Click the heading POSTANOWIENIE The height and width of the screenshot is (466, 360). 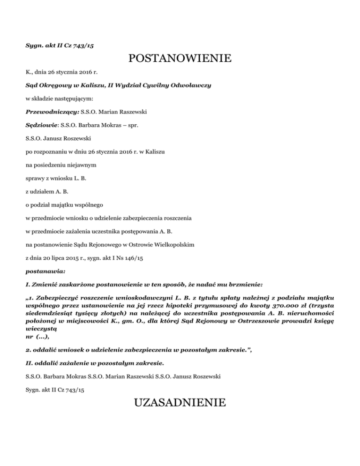point(180,59)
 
